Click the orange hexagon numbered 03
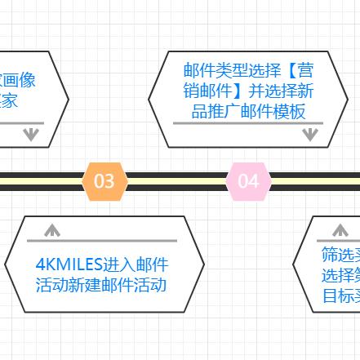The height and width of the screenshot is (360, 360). click(104, 180)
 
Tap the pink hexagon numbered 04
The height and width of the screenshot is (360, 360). click(248, 180)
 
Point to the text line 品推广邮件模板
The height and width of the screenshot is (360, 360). click(248, 111)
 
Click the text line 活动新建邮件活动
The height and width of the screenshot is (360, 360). click(101, 285)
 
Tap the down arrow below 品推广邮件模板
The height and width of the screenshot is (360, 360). click(309, 135)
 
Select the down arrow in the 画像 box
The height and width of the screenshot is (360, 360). click(31, 134)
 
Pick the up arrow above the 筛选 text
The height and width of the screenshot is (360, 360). click(340, 230)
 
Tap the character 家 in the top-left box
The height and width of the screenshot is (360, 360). click(9, 101)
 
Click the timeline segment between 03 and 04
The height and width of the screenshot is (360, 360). click(176, 180)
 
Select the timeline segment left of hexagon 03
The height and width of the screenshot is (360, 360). click(41, 180)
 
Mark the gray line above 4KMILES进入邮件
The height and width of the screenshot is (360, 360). click(102, 241)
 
